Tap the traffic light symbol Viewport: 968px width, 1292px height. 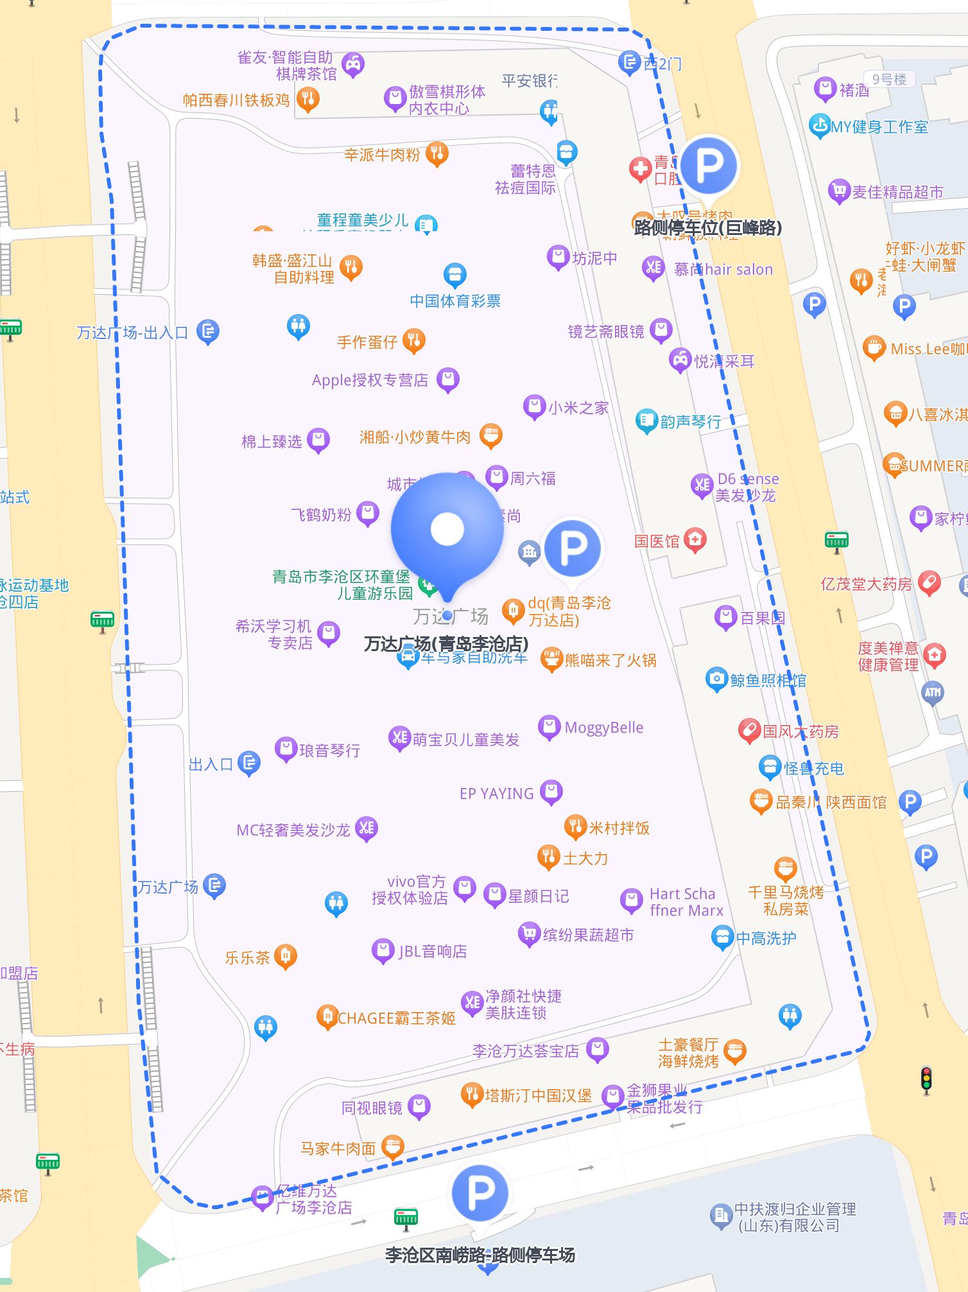pos(926,1080)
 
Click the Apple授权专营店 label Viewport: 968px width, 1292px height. pos(370,380)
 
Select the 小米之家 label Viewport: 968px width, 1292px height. pos(578,408)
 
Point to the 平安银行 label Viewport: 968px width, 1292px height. pos(529,81)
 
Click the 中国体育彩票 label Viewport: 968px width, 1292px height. pos(455,301)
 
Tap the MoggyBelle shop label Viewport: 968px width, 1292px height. pos(603,728)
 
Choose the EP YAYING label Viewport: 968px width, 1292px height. pos(496,794)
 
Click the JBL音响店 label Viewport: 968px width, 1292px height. pos(433,951)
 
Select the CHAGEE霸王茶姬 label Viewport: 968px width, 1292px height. pos(396,1018)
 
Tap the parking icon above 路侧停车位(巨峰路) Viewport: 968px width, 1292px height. pos(709,166)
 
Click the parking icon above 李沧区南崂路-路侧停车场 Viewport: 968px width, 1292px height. pos(480,1192)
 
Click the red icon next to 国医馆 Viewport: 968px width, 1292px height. pos(695,539)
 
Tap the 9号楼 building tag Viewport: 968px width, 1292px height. pos(889,80)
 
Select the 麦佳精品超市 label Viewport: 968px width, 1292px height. pos(897,192)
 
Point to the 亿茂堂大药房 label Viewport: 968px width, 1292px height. pos(866,584)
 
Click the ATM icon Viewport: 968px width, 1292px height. pos(933,692)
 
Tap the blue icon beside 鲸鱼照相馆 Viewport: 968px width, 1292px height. pos(716,679)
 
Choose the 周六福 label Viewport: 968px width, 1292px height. pos(533,478)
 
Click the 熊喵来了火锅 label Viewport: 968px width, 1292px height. pos(610,660)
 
